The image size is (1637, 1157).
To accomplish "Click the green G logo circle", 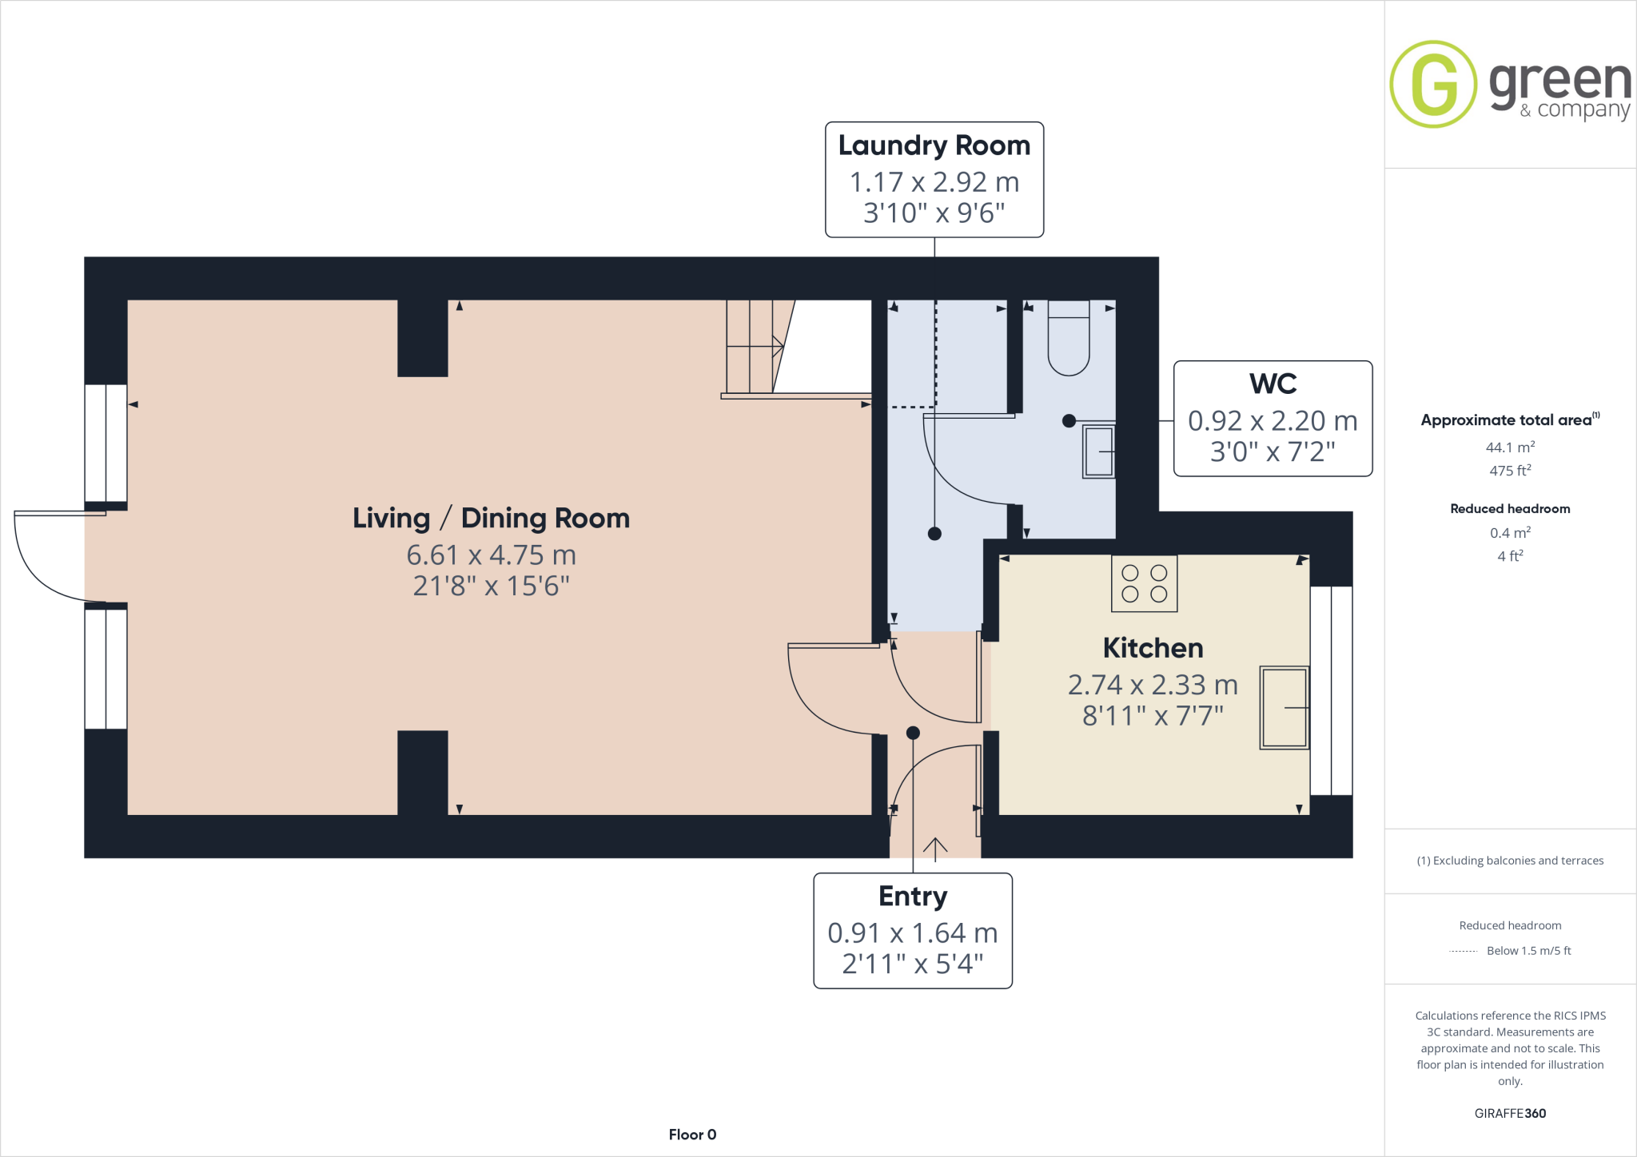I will [x=1433, y=84].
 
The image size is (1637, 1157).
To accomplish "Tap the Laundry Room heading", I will [x=934, y=145].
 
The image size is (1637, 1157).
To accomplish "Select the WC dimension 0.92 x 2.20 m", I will [x=1273, y=420].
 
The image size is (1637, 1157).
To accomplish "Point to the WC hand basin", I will [x=1098, y=451].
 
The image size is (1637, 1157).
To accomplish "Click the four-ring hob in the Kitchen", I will [x=1144, y=583].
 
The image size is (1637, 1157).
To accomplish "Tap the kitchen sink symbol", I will [x=1284, y=707].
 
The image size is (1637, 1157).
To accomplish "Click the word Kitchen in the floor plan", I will [x=1153, y=648].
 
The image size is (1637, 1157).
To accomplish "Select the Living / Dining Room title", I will [x=491, y=518].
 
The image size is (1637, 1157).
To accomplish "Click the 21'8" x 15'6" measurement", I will [x=491, y=586].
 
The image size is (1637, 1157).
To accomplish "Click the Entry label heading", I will [x=913, y=897].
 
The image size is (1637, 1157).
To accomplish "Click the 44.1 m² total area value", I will [x=1510, y=447].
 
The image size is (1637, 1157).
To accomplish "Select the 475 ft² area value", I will [x=1510, y=471].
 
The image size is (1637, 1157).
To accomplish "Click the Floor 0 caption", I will [x=692, y=1135].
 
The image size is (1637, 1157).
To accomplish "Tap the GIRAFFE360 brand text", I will [x=1510, y=1113].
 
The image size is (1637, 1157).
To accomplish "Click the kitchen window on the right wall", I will [x=1331, y=690].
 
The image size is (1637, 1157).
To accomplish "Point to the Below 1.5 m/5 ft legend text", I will [x=1528, y=951].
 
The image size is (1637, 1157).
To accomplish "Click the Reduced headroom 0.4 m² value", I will [x=1510, y=533].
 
